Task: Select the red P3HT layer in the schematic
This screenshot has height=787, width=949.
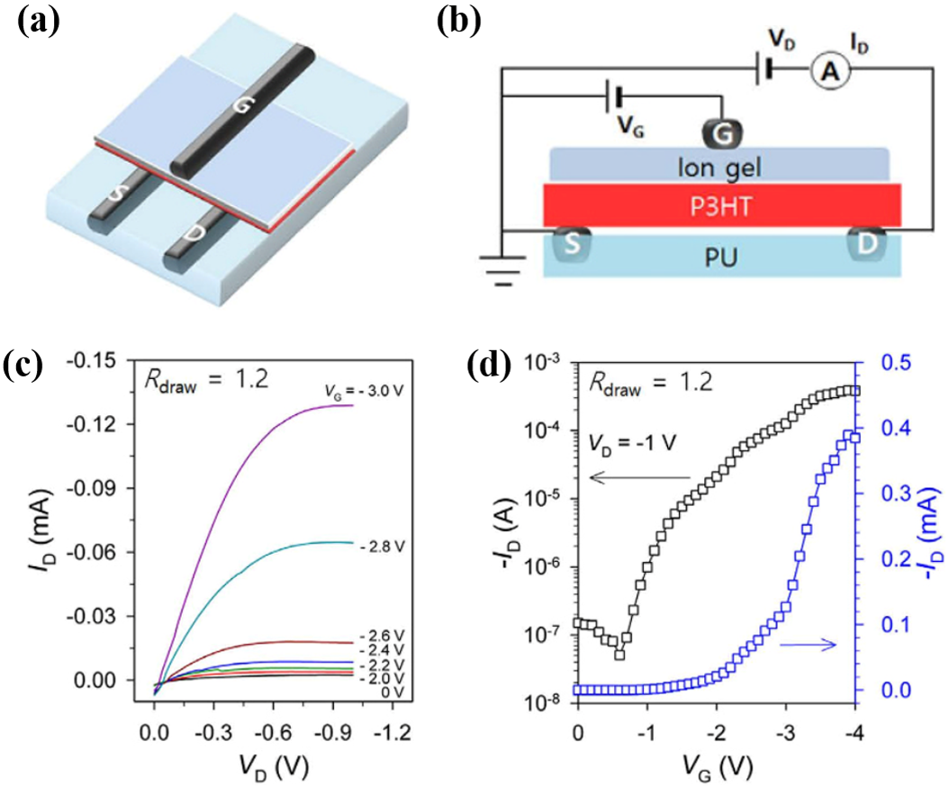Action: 720,206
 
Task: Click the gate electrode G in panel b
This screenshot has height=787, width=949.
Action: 719,133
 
